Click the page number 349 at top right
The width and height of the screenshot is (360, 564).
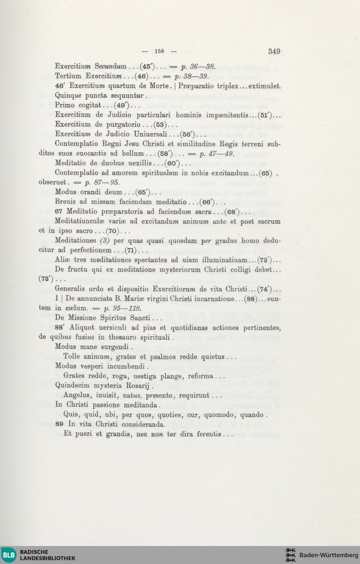click(x=274, y=51)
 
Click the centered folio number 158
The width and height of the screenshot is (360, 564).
click(x=159, y=51)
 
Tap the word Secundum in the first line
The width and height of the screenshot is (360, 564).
click(x=111, y=66)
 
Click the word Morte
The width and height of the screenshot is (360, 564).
click(x=159, y=86)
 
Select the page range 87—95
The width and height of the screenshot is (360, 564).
click(x=107, y=182)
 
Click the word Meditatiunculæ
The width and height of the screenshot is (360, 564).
click(x=80, y=222)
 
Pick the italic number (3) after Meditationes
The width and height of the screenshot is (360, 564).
click(x=104, y=241)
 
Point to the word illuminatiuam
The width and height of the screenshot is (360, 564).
click(x=225, y=260)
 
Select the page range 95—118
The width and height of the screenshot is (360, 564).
click(x=127, y=308)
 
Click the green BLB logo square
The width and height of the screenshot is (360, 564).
click(x=9, y=555)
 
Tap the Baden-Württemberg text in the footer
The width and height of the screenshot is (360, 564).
click(x=329, y=555)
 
